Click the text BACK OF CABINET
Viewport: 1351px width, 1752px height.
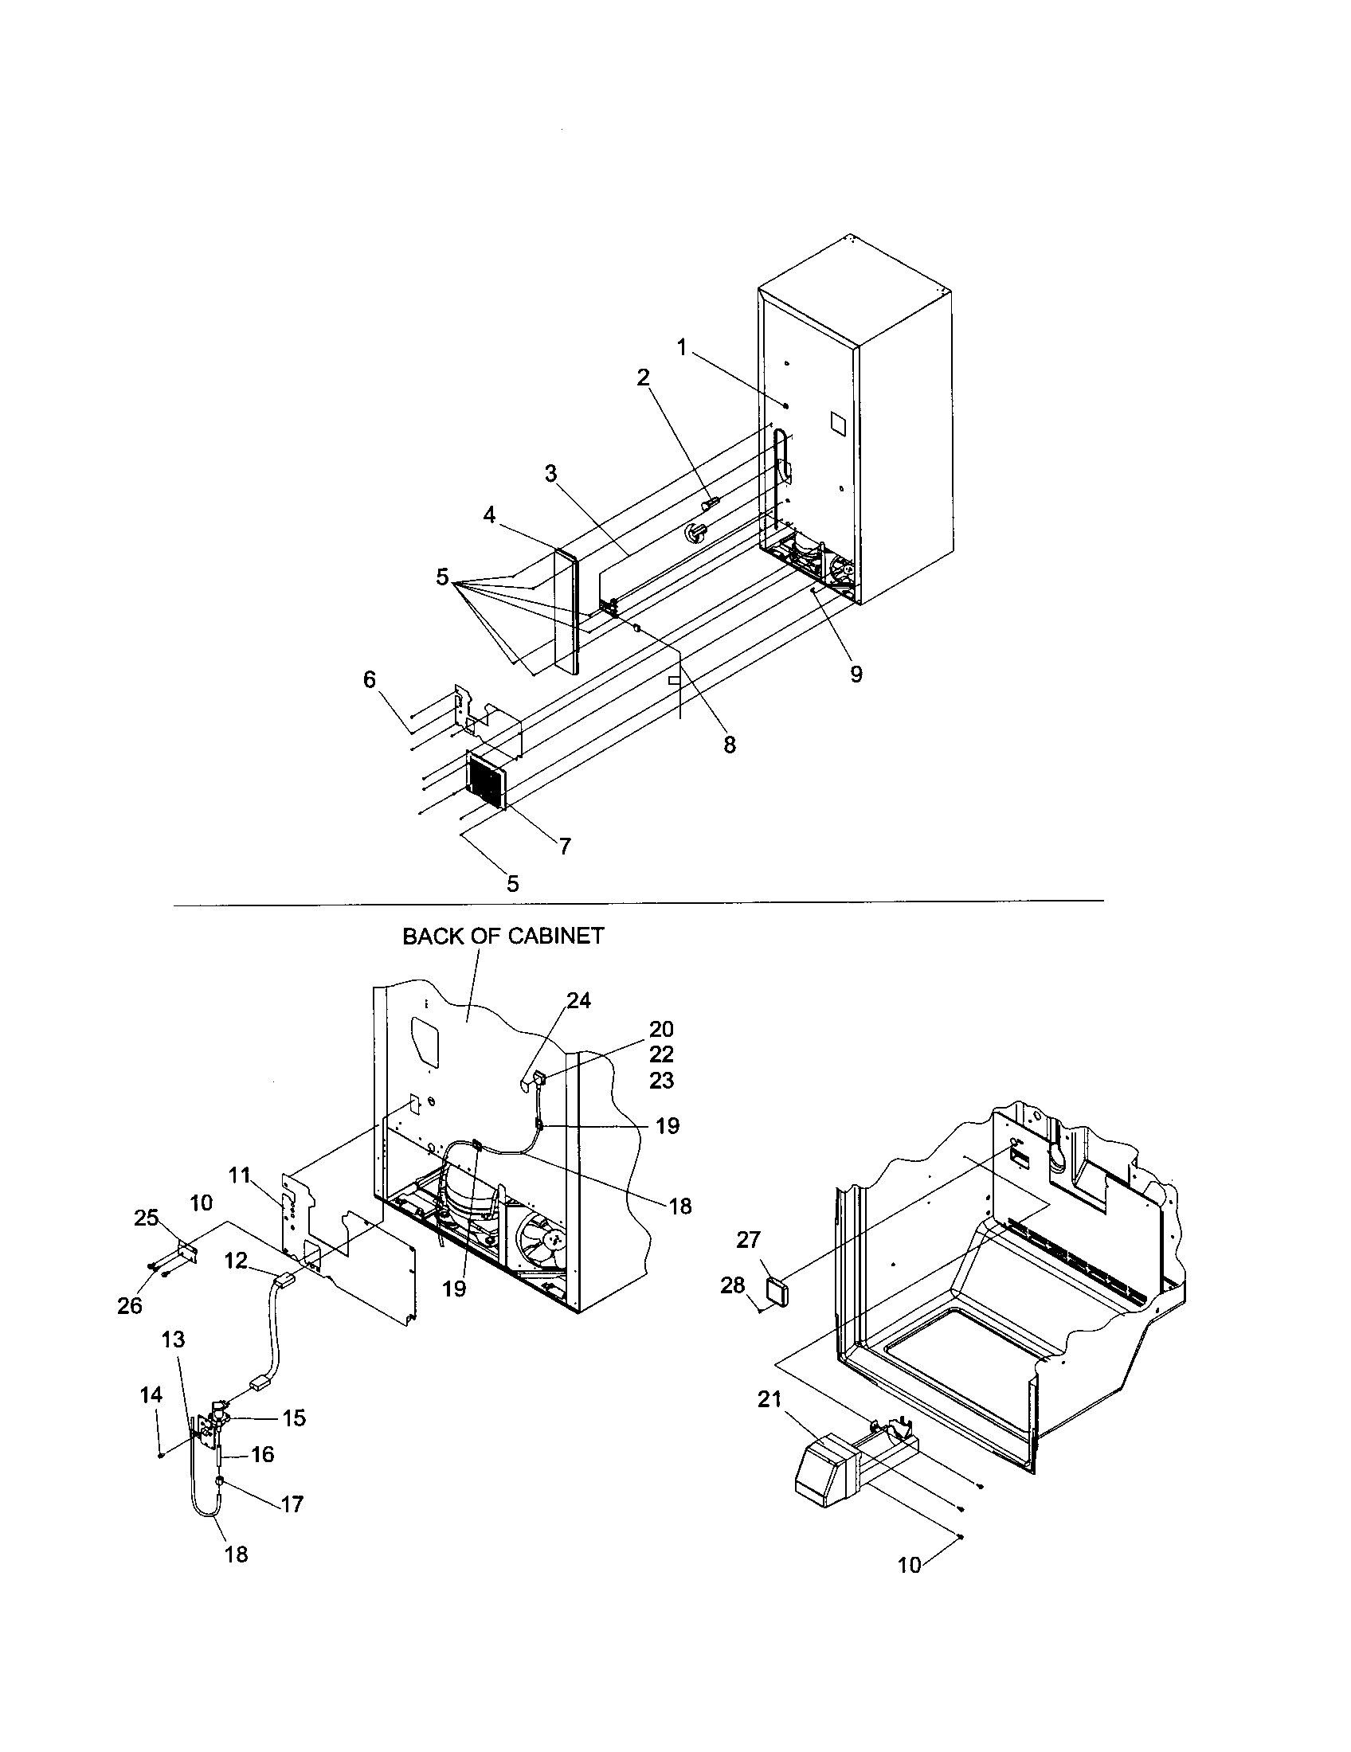click(x=503, y=937)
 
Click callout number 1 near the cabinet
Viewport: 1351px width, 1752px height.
click(x=681, y=347)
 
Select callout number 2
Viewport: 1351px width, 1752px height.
click(x=643, y=377)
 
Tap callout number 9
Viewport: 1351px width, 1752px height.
click(x=856, y=675)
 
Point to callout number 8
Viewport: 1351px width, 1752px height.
click(x=729, y=745)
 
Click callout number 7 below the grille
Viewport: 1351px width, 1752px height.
click(x=565, y=846)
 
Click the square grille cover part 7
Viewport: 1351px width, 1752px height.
click(x=484, y=782)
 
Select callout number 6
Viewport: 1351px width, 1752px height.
click(x=369, y=679)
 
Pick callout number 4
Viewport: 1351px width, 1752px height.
click(x=489, y=515)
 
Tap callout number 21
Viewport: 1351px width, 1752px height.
click(x=769, y=1400)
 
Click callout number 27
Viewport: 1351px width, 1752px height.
click(x=748, y=1239)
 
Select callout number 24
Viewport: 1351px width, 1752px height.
click(x=578, y=1000)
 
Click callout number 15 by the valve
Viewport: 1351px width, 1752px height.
click(x=294, y=1418)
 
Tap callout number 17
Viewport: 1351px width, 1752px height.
click(x=292, y=1504)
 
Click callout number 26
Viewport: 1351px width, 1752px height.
click(x=129, y=1305)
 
